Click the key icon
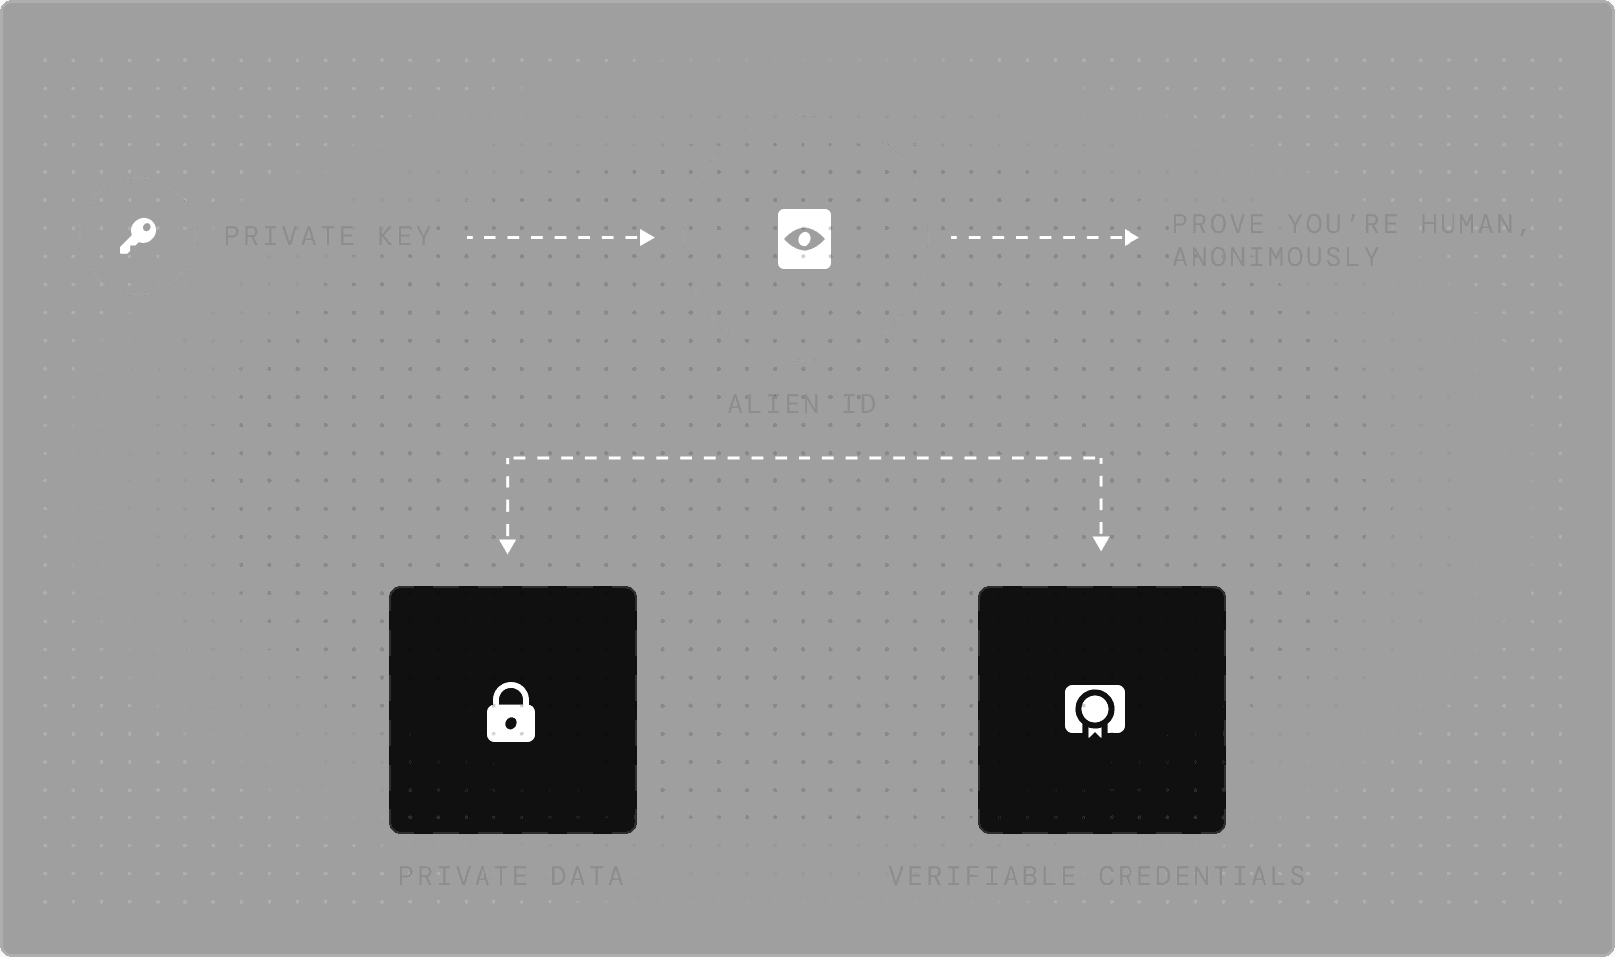pyautogui.click(x=138, y=236)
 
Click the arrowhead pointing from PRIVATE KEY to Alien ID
pyautogui.click(x=648, y=237)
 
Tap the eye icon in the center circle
pyautogui.click(x=805, y=239)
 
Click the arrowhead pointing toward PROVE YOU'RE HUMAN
pyautogui.click(x=1131, y=237)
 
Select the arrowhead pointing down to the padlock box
pyautogui.click(x=508, y=546)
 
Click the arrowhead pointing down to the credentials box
pyautogui.click(x=1101, y=543)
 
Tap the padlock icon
pyautogui.click(x=511, y=713)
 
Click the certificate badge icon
pyautogui.click(x=1095, y=710)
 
